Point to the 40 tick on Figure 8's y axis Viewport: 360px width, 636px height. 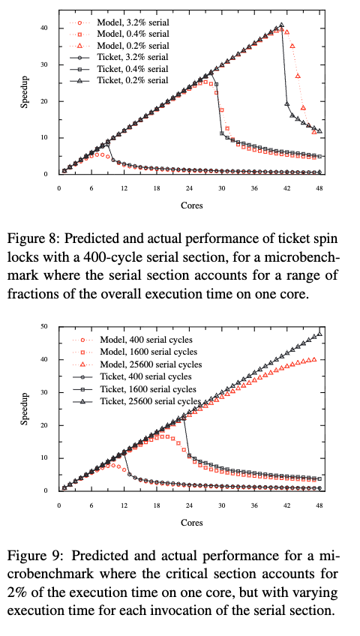(x=45, y=28)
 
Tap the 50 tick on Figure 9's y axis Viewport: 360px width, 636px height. (x=45, y=326)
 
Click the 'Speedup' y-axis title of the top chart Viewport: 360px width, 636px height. (x=25, y=100)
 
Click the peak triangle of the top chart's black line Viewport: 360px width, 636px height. (x=281, y=25)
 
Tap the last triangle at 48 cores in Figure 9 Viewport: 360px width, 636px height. (x=319, y=334)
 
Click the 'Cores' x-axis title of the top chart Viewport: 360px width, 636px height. (x=190, y=204)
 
